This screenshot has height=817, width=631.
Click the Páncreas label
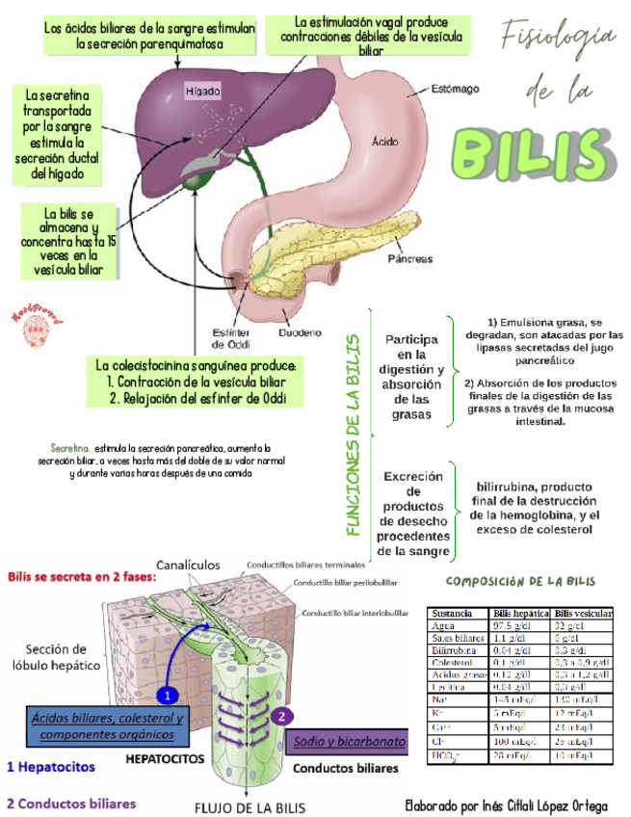coord(409,259)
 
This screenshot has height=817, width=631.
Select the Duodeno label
coord(300,334)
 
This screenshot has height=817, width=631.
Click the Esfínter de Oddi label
coord(230,338)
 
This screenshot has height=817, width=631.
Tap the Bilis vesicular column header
coord(583,614)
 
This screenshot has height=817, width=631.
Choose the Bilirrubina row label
coord(456,650)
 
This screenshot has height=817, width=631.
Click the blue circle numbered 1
coord(167,694)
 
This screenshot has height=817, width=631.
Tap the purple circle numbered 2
coord(280,717)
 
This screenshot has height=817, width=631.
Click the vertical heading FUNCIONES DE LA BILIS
coord(354,435)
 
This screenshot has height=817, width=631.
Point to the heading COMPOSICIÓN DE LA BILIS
coord(520,581)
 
